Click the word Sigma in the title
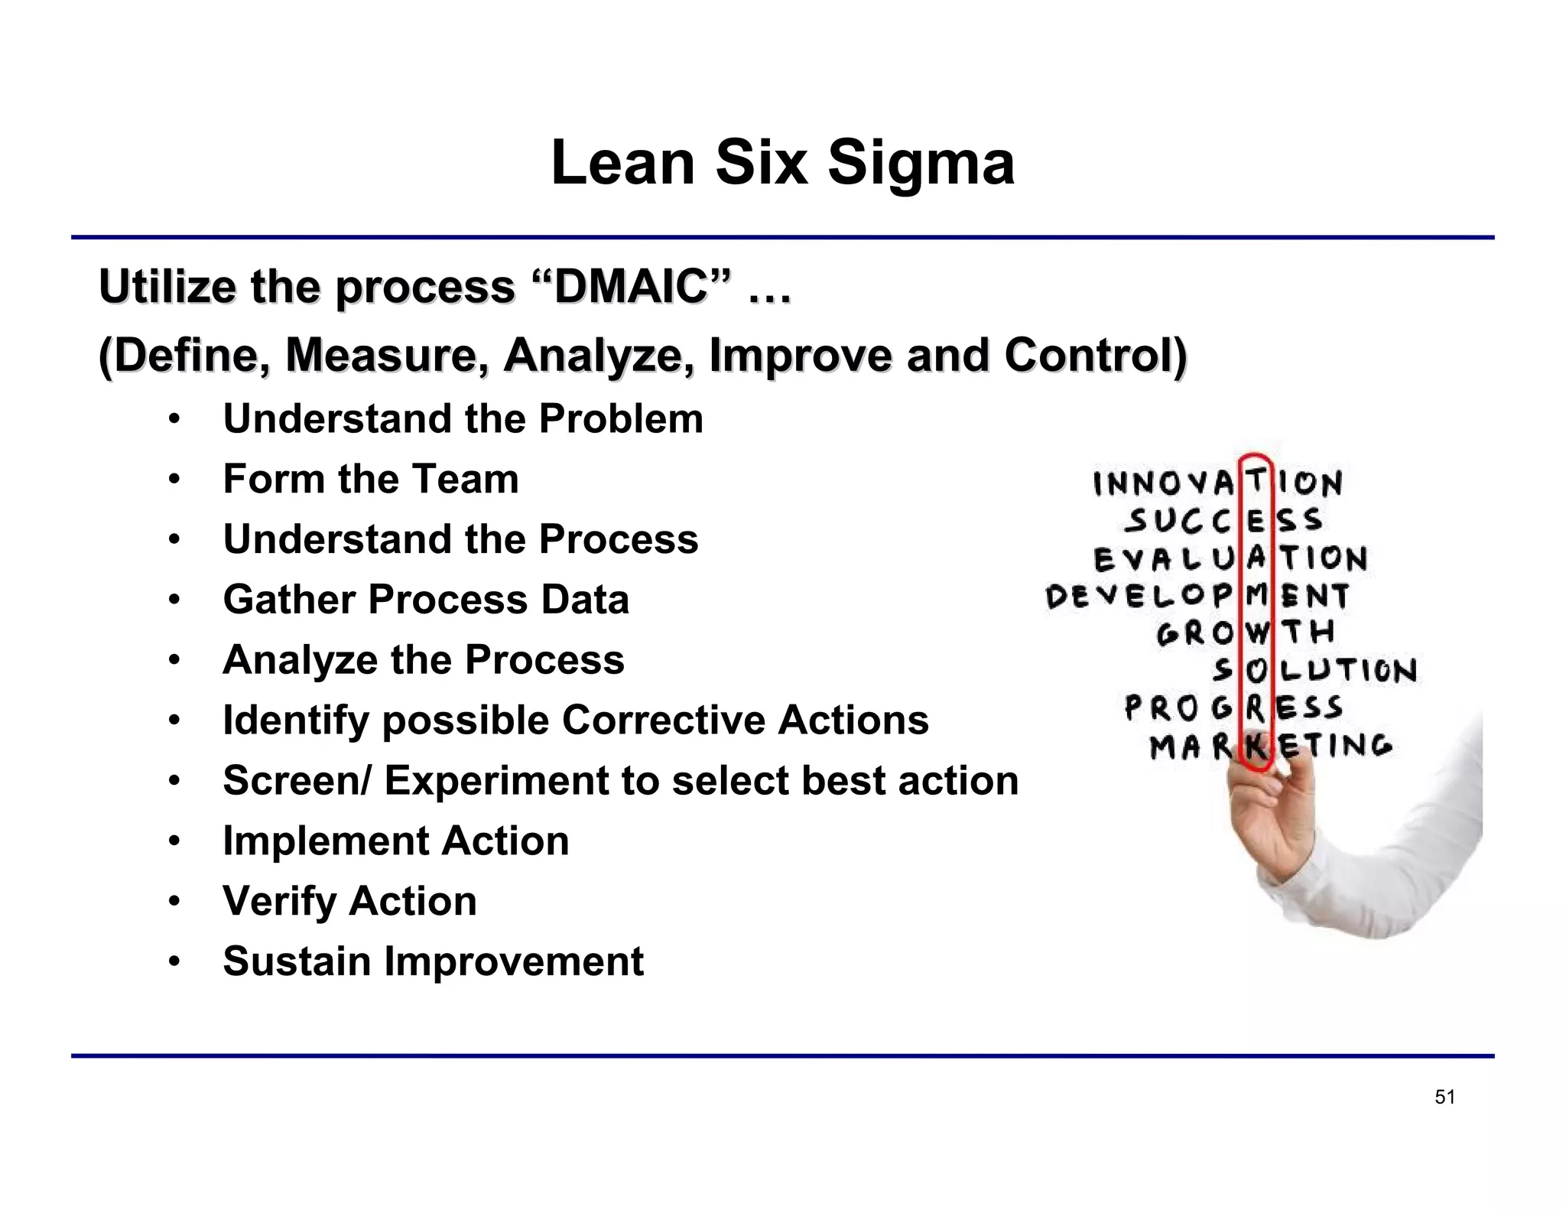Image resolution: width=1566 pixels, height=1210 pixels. point(921,164)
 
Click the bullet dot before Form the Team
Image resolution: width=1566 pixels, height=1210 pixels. point(174,480)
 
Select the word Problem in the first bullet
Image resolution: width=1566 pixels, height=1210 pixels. point(620,419)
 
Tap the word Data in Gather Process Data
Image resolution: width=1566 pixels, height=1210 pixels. point(585,600)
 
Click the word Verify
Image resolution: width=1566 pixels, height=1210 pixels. point(279,902)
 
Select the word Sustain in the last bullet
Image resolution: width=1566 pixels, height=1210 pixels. point(297,962)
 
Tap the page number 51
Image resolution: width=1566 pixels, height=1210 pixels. point(1444,1098)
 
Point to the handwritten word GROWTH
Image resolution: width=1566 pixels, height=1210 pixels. point(1246,633)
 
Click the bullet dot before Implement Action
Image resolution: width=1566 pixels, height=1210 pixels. point(174,842)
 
